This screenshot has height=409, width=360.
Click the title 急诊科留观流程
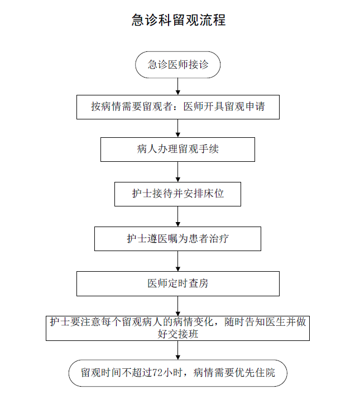click(178, 21)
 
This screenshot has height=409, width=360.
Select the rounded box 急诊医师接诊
click(178, 65)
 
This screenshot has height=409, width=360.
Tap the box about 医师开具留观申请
click(178, 107)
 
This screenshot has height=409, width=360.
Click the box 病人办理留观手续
click(178, 150)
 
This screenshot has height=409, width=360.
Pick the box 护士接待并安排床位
click(178, 194)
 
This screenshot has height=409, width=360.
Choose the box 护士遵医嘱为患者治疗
click(178, 239)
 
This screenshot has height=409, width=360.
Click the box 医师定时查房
click(178, 283)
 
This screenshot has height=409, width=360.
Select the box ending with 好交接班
click(178, 328)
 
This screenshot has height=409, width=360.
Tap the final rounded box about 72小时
click(178, 372)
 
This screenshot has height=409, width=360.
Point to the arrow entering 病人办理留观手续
click(178, 128)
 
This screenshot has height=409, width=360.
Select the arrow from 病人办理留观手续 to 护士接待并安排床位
click(178, 172)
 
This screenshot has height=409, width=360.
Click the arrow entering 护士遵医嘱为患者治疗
click(178, 216)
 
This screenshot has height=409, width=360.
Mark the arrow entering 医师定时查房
click(178, 261)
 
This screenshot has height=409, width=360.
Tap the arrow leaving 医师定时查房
click(178, 306)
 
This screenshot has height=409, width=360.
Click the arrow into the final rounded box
click(178, 350)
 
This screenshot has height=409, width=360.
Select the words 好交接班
click(178, 334)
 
